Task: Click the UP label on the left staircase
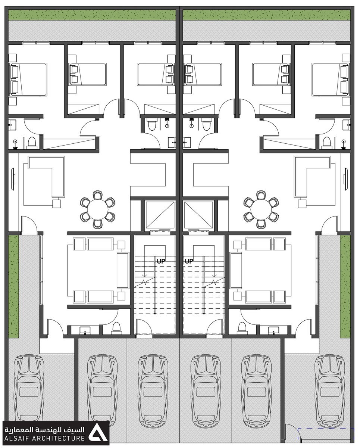tap(161, 261)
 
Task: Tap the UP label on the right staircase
tap(189, 261)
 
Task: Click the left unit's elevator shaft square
tap(159, 215)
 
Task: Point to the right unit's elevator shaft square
tap(198, 215)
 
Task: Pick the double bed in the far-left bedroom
tap(28, 80)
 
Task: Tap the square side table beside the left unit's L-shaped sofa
tap(57, 203)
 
